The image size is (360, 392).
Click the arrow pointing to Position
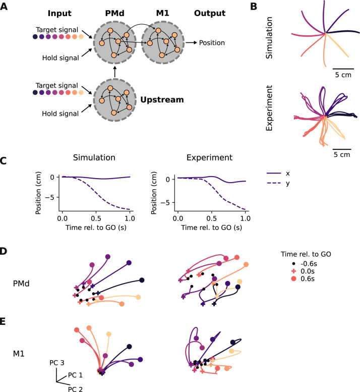191,43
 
